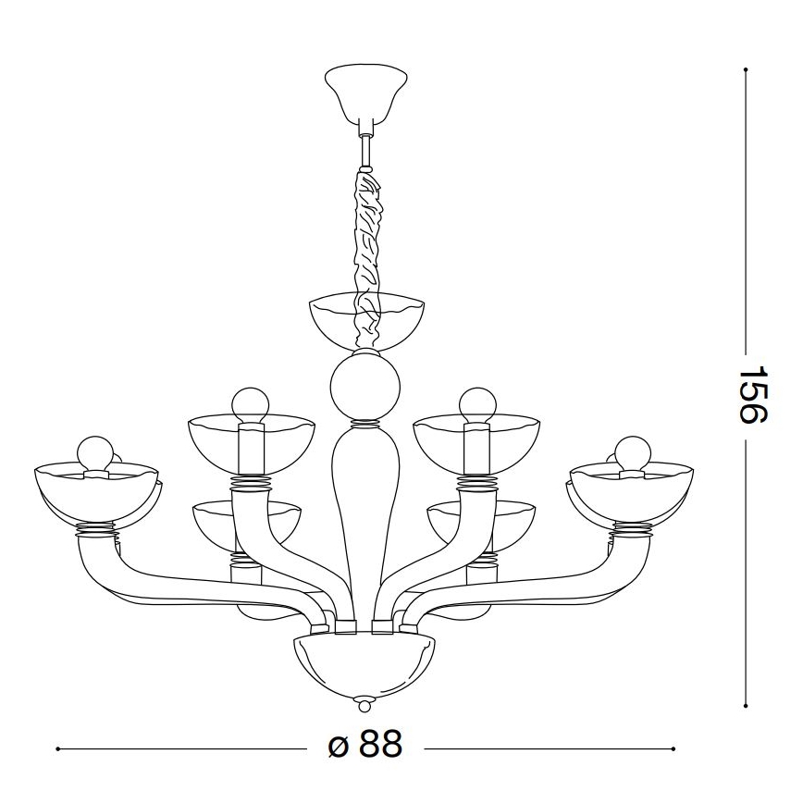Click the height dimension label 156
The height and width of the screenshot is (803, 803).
pos(754,392)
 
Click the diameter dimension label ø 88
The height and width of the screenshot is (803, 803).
pos(366,746)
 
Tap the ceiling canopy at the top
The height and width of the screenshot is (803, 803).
pos(367,93)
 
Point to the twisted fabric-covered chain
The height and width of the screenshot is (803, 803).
pos(366,250)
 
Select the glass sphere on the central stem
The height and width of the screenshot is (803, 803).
pos(365,389)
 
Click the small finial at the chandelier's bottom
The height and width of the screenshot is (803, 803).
pos(364,706)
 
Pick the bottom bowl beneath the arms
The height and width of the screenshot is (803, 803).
pos(364,662)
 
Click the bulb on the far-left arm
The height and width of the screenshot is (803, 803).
pos(93,452)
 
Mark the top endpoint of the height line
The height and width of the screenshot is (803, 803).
pos(745,69)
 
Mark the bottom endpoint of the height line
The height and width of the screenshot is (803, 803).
pos(745,706)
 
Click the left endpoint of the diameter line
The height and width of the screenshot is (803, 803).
pos(58,747)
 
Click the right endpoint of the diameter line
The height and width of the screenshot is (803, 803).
pos(673,747)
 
